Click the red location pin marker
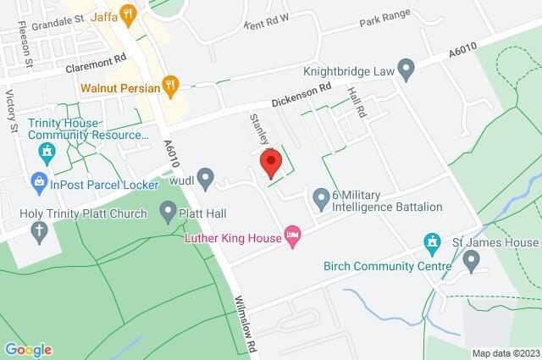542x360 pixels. click(x=270, y=162)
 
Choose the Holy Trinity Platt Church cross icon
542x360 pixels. click(x=38, y=230)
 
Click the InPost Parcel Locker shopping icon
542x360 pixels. click(x=38, y=180)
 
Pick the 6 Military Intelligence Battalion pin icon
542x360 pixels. click(x=321, y=199)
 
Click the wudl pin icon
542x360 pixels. click(x=205, y=178)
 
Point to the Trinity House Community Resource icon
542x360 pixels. click(x=47, y=153)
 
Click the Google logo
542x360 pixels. click(x=28, y=349)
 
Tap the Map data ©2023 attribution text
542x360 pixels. click(x=505, y=353)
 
